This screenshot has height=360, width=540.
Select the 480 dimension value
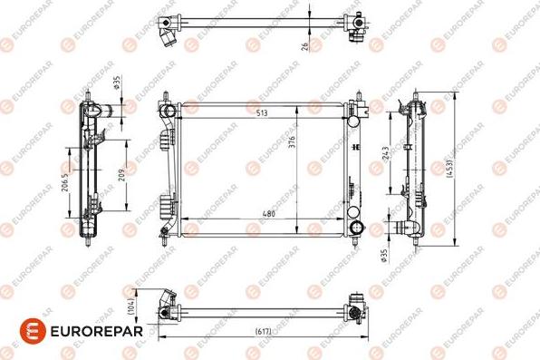coord(268,215)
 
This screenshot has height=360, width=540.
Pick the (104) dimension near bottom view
coord(131,307)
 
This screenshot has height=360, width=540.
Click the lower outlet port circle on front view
coord(355,226)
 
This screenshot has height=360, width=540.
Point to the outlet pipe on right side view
coord(407,227)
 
